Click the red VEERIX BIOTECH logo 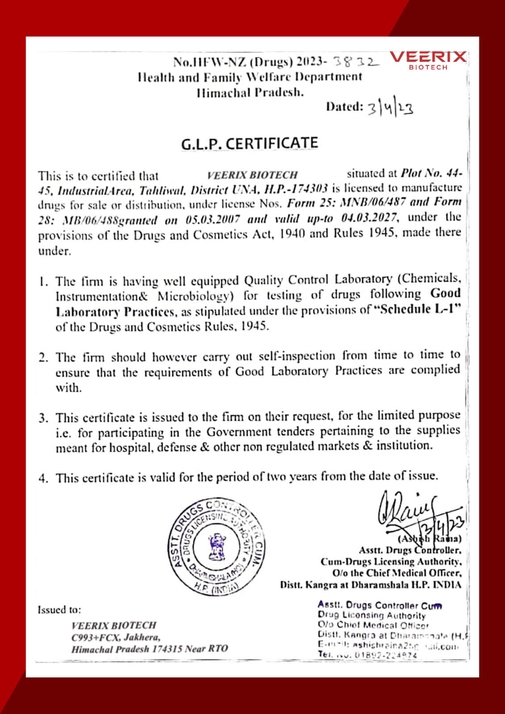click(428, 60)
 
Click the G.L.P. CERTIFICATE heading click(250, 144)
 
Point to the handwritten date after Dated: click(390, 108)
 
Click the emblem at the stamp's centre click(217, 548)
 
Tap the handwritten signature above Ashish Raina click(409, 509)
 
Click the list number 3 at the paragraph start click(43, 418)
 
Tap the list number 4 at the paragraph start click(43, 478)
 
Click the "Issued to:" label click(59, 610)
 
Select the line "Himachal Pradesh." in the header click(250, 93)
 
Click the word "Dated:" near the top click(344, 107)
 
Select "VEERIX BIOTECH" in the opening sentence click(252, 175)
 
